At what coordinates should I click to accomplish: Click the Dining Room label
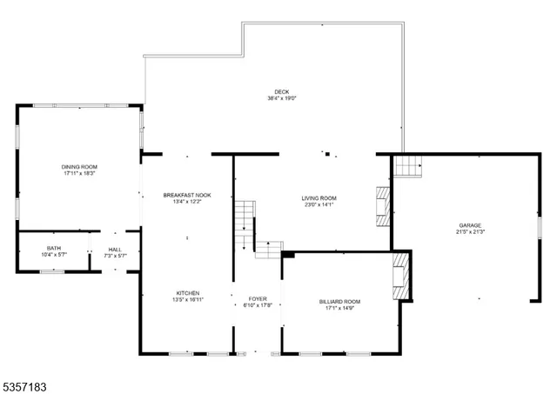[x=79, y=166]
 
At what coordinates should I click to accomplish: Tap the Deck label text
[x=281, y=91]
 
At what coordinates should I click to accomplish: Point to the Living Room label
[x=319, y=198]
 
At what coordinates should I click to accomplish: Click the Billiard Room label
[x=340, y=302]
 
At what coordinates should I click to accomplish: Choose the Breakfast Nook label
[x=186, y=195]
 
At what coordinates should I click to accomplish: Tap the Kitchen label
[x=188, y=293]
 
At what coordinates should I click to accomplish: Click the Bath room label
[x=54, y=249]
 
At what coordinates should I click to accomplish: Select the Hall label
[x=115, y=249]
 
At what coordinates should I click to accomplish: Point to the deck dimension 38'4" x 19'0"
[x=281, y=98]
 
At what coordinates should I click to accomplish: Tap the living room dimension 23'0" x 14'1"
[x=319, y=205]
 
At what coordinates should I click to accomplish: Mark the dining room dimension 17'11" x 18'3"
[x=79, y=173]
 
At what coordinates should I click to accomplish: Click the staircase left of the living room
[x=245, y=224]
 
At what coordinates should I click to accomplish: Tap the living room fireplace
[x=382, y=205]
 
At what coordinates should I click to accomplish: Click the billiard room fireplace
[x=400, y=277]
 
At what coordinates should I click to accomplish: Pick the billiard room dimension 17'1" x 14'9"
[x=340, y=309]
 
